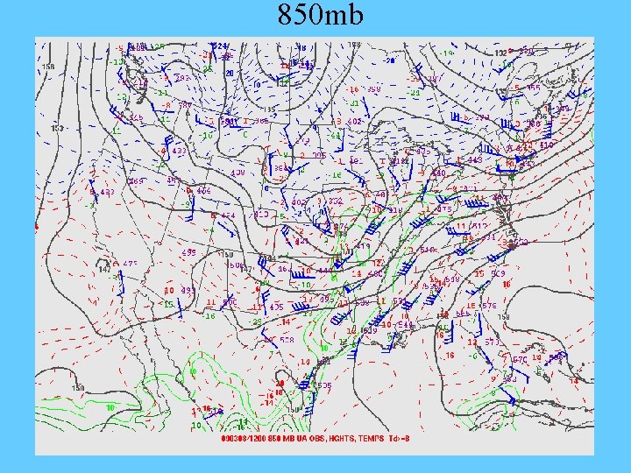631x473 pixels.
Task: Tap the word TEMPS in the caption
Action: pos(372,438)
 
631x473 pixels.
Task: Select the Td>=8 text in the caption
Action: pos(401,438)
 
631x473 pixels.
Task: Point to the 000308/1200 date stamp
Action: pos(246,438)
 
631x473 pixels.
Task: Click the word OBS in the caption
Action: pos(314,438)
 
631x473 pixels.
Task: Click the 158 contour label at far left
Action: pos(47,66)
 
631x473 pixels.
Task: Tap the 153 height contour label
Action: pos(56,128)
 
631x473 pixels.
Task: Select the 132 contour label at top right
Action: pos(500,53)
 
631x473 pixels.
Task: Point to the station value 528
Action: pos(287,339)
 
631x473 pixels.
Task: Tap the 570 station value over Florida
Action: pos(519,359)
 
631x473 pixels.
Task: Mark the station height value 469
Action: pos(137,181)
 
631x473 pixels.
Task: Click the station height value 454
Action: pos(227,215)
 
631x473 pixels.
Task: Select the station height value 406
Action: pos(203,190)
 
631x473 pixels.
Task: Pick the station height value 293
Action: pos(183,77)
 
